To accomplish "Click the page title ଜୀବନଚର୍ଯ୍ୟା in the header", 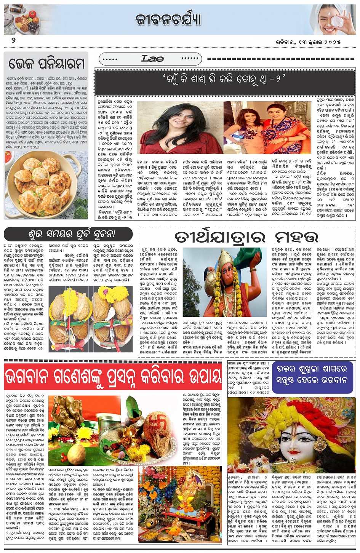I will [168, 19].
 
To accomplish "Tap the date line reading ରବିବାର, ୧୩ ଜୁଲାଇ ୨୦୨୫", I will [308, 42].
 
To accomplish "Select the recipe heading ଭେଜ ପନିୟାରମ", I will [46, 63].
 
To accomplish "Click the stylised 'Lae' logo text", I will [152, 59].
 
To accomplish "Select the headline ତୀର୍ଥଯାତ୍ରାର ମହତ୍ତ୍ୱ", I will [246, 237].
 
